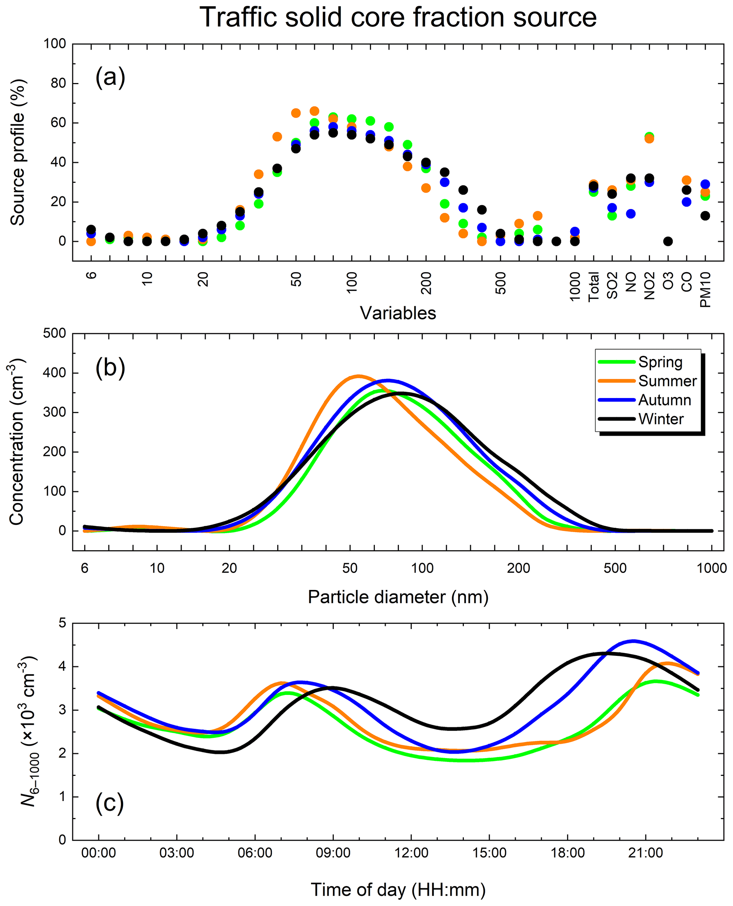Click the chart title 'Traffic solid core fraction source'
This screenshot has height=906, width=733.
[x=398, y=18]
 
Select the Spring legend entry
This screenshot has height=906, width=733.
[x=660, y=362]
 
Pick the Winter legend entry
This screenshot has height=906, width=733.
[x=660, y=419]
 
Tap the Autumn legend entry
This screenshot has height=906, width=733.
[x=664, y=400]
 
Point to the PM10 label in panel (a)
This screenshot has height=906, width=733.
[x=705, y=289]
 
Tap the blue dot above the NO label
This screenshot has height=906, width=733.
[x=631, y=214]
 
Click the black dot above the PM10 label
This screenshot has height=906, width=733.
[x=705, y=216]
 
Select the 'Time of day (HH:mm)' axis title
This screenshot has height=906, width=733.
[x=398, y=890]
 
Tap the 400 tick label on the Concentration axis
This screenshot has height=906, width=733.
[x=55, y=373]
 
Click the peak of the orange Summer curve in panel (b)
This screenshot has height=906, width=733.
[x=359, y=376]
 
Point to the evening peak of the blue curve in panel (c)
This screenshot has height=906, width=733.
[x=634, y=641]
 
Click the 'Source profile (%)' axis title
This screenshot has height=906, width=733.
[x=18, y=152]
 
